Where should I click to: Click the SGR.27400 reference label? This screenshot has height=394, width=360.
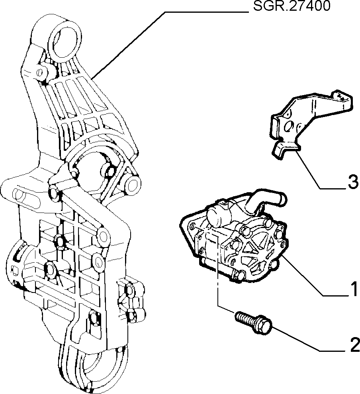pos(292,6)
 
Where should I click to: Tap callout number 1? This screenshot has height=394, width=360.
pos(354,289)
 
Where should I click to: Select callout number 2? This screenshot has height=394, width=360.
pos(355,345)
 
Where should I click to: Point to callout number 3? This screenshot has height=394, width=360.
pos(353,182)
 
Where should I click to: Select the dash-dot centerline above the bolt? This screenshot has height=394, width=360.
pos(217,271)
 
